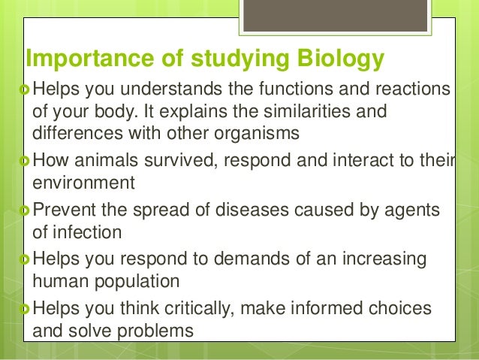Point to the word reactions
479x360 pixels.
point(411,91)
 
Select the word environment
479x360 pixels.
point(83,182)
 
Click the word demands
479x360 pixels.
point(264,260)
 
